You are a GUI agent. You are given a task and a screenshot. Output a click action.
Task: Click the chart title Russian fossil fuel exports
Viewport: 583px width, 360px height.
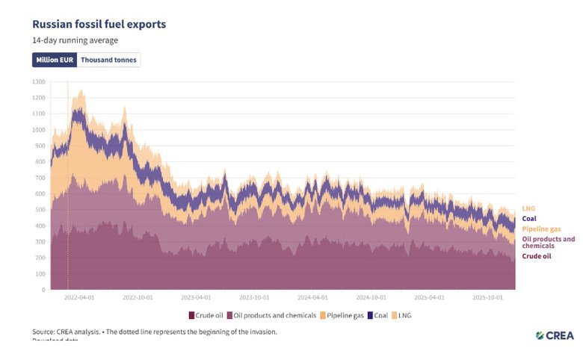99,24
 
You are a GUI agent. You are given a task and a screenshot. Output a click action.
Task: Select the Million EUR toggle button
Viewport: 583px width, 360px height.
55,60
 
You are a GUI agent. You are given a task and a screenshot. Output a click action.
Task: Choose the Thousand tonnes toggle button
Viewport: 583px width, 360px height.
109,60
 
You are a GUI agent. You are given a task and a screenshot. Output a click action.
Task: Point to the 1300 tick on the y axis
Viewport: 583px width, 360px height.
39,81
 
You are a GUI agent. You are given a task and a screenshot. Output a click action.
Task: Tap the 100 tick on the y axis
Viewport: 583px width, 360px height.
40,274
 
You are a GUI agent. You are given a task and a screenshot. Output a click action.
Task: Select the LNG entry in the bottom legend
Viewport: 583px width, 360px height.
403,315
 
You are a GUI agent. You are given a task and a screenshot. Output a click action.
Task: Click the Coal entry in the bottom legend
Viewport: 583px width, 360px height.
377,315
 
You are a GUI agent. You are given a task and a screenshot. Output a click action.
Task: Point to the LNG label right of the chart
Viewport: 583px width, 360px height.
528,208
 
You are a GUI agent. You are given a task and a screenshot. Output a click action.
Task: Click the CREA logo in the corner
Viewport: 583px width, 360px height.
555,335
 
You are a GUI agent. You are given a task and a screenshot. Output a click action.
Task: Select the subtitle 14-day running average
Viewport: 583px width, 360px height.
75,40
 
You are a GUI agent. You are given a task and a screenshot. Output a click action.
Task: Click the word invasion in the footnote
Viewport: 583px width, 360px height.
259,331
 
